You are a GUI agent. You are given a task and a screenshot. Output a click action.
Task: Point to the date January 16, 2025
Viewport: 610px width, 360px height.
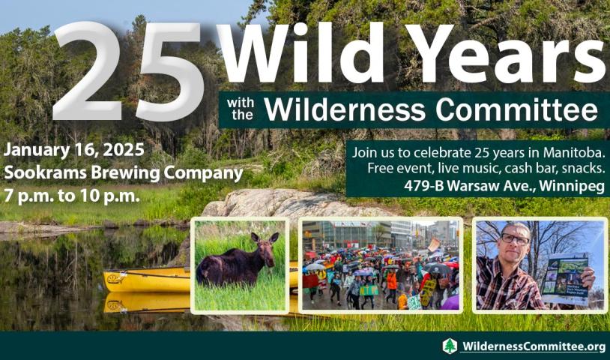point(74,150)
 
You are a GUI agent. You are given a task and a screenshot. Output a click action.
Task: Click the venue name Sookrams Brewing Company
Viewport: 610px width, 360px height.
point(124,172)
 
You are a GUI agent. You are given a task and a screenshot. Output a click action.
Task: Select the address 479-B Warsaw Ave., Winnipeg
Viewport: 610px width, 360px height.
point(504,187)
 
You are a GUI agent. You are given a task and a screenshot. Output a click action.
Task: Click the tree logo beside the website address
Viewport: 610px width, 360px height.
point(450,346)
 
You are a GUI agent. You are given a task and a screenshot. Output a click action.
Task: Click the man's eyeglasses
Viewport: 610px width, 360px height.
point(516,238)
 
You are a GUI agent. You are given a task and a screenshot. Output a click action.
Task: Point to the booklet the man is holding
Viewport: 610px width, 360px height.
point(565,279)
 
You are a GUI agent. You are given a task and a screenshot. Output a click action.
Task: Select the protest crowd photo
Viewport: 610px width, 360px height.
point(381,265)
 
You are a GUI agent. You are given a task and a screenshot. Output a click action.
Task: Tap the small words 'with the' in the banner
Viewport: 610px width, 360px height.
point(241,109)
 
